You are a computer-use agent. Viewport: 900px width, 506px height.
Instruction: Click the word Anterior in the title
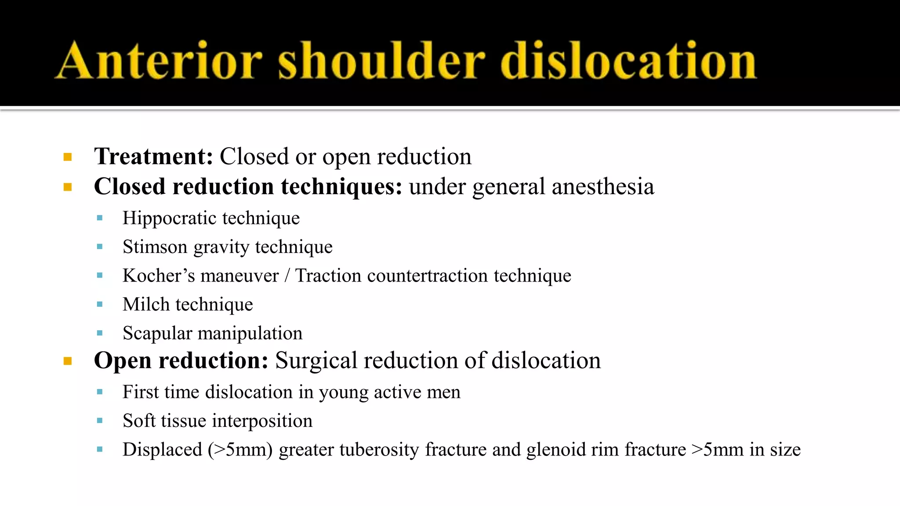pos(160,61)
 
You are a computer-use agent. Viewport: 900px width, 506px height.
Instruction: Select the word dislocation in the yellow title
pos(628,61)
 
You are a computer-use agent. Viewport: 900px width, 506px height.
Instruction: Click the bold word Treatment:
pos(154,156)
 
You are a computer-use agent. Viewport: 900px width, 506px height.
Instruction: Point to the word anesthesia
pos(602,187)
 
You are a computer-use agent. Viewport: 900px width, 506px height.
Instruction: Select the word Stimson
pos(155,247)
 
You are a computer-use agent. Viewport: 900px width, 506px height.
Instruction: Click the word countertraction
pos(428,276)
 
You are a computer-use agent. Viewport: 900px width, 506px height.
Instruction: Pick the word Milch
pos(146,304)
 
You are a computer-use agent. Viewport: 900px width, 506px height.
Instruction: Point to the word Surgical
pos(316,361)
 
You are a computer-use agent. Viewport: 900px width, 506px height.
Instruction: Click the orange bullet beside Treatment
pos(68,157)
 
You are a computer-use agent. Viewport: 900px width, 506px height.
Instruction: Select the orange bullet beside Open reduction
pos(68,361)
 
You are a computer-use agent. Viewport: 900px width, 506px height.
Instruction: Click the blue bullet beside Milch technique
pos(100,304)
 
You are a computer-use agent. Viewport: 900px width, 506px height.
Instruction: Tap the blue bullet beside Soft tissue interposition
pos(100,421)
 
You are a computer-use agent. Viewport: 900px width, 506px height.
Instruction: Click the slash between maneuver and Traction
pos(287,276)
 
